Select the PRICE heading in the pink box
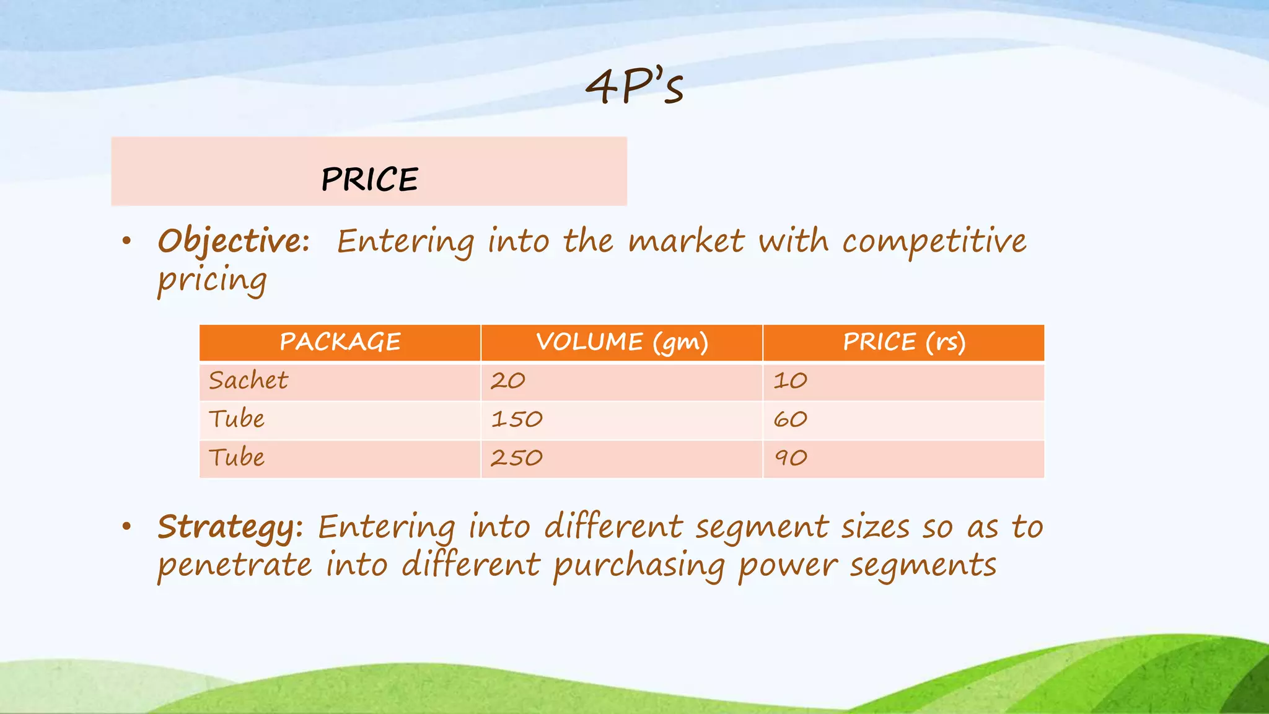(x=369, y=180)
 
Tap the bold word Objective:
(x=234, y=241)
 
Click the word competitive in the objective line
(x=934, y=241)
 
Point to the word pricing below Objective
(x=212, y=280)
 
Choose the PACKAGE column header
(x=340, y=342)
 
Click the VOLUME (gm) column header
(x=621, y=343)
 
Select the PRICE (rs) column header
(x=904, y=343)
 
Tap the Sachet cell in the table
(x=248, y=381)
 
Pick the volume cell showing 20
(x=508, y=381)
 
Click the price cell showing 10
(x=790, y=381)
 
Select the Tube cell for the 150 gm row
(x=237, y=420)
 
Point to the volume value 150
(x=517, y=420)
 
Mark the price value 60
(x=791, y=420)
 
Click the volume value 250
(x=517, y=458)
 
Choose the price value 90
(x=791, y=458)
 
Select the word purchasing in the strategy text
(x=639, y=566)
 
